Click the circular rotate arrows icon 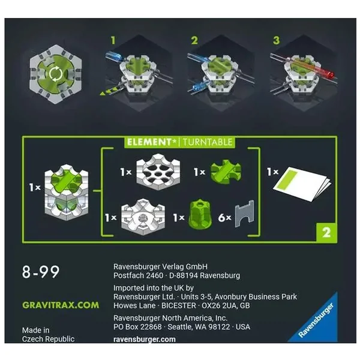click(x=55, y=74)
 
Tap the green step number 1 click(x=113, y=40)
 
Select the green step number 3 click(x=277, y=40)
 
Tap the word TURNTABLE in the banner click(x=208, y=142)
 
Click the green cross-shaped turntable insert click(x=226, y=171)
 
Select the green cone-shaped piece click(x=200, y=214)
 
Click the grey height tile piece click(x=245, y=214)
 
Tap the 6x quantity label click(x=225, y=218)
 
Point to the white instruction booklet click(x=302, y=184)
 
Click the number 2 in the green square click(x=326, y=233)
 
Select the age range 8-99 click(x=41, y=272)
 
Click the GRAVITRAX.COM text click(x=61, y=305)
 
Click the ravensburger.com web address click(x=145, y=340)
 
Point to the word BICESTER click(x=179, y=305)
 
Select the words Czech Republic click(x=48, y=339)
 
